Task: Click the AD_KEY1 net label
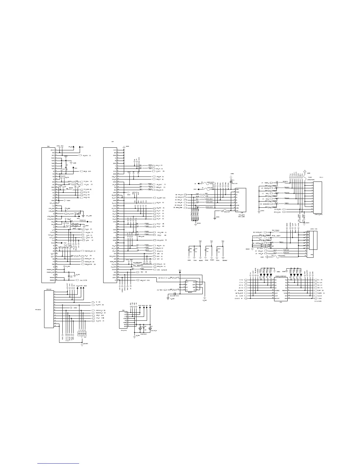click(x=86, y=155)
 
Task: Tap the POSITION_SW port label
click(x=88, y=251)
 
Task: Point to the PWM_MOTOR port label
click(x=88, y=264)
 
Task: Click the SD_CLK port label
click(x=158, y=203)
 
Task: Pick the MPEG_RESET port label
click(x=160, y=240)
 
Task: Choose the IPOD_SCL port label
click(x=158, y=264)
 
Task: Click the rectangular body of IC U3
click(x=190, y=286)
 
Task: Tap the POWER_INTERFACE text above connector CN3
click(x=281, y=277)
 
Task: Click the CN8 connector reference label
click(x=49, y=146)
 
